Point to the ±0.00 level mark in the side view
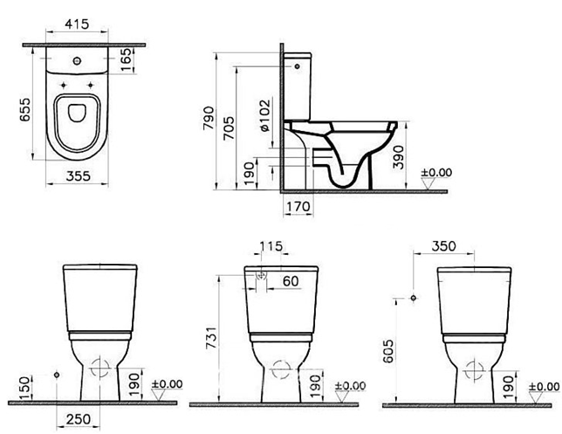click(x=436, y=173)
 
